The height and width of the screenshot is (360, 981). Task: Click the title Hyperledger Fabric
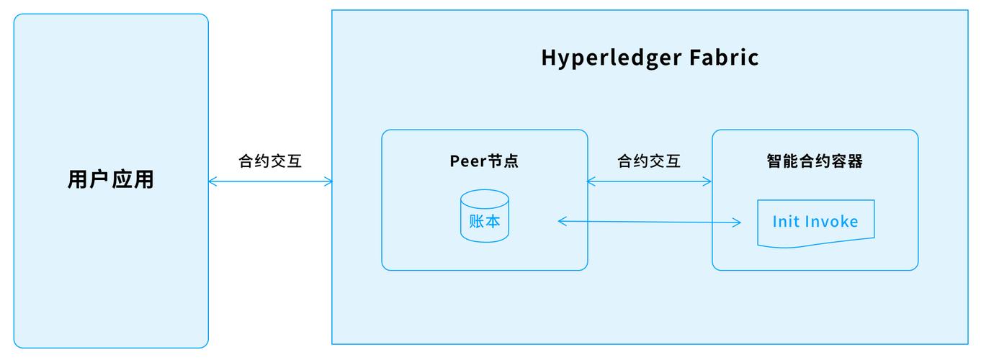click(x=650, y=58)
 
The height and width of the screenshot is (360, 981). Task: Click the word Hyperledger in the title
click(x=611, y=58)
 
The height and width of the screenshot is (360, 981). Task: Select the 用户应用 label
click(x=111, y=179)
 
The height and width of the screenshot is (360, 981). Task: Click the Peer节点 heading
click(x=484, y=161)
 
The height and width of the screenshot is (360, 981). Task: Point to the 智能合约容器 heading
click(x=815, y=161)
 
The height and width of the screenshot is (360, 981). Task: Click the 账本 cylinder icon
click(x=485, y=216)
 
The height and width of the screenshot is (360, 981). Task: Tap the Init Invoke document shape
click(x=815, y=222)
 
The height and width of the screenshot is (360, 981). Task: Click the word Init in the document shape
click(x=786, y=221)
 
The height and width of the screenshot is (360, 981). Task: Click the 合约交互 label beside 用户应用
click(x=270, y=161)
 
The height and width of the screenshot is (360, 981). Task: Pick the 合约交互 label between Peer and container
click(x=649, y=161)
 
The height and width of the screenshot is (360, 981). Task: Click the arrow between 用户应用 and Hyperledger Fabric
click(x=270, y=181)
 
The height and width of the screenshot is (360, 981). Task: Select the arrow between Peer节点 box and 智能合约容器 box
click(x=650, y=181)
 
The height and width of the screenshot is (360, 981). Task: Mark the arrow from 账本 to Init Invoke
click(x=650, y=222)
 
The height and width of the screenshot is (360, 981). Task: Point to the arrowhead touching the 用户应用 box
click(x=212, y=181)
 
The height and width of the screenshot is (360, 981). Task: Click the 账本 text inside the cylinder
click(x=485, y=221)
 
